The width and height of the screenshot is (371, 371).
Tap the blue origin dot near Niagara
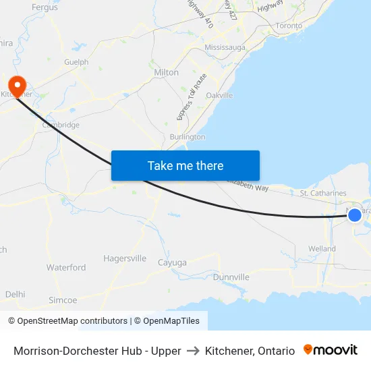354,215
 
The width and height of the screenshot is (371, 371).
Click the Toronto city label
289,26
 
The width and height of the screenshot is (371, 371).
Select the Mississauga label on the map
225,49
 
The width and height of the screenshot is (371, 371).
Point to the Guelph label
76,62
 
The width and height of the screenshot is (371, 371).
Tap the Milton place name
167,72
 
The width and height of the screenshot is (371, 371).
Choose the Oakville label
219,96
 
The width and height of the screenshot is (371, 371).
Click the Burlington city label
188,137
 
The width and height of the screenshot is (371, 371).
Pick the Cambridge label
61,125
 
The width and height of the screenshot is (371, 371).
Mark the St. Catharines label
323,194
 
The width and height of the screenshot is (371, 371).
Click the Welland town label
322,248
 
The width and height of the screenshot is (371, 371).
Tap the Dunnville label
231,277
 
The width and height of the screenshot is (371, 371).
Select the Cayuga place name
171,262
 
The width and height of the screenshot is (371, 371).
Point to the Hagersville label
125,258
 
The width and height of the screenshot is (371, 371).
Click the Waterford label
66,268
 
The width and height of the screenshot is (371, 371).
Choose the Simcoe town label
63,300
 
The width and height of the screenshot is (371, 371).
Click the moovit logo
331,350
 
